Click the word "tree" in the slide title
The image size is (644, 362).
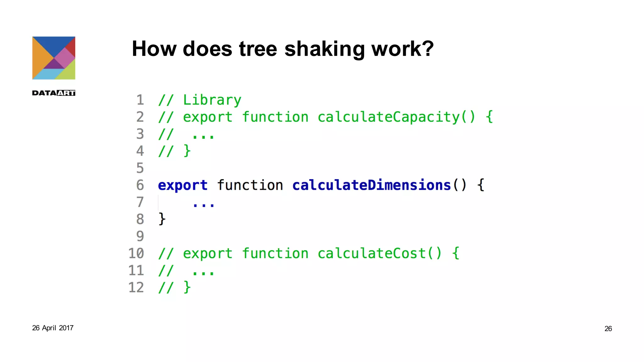coord(258,49)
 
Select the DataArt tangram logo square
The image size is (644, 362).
coord(54,58)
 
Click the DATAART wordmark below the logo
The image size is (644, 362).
coord(54,93)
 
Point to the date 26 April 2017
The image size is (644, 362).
coord(53,328)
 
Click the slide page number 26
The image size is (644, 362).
coord(608,329)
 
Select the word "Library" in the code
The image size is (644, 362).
coord(212,101)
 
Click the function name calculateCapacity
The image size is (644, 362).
coord(389,117)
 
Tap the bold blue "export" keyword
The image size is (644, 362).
coord(183,185)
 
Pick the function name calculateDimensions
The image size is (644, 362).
coord(372,185)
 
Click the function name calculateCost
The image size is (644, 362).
coord(372,253)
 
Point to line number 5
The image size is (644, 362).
coord(140,168)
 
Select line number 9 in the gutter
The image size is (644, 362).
coord(140,236)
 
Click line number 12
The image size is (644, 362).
coord(136,288)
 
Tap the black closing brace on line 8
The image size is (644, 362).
coord(162,219)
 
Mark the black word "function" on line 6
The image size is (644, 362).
coord(250,185)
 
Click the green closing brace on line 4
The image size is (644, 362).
coord(187,151)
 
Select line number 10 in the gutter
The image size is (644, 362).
coord(136,253)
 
